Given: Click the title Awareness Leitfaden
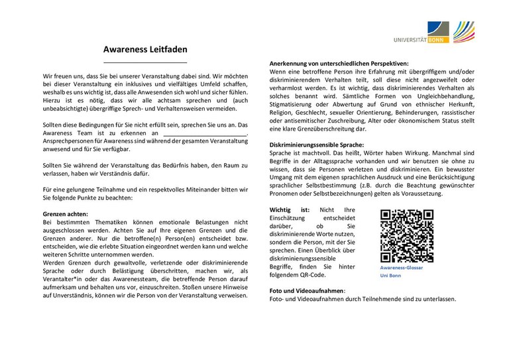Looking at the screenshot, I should (x=145, y=49).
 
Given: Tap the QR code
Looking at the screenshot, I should (x=407, y=235).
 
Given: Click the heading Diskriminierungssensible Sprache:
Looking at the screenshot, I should (x=317, y=145).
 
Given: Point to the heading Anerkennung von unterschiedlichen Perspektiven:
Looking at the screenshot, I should (x=339, y=62).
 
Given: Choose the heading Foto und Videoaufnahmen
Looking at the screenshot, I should (x=307, y=290).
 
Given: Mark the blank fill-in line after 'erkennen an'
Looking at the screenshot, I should (x=204, y=134).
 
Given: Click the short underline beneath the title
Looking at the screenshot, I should (x=145, y=62).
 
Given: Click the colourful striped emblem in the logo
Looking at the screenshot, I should (x=464, y=31).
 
